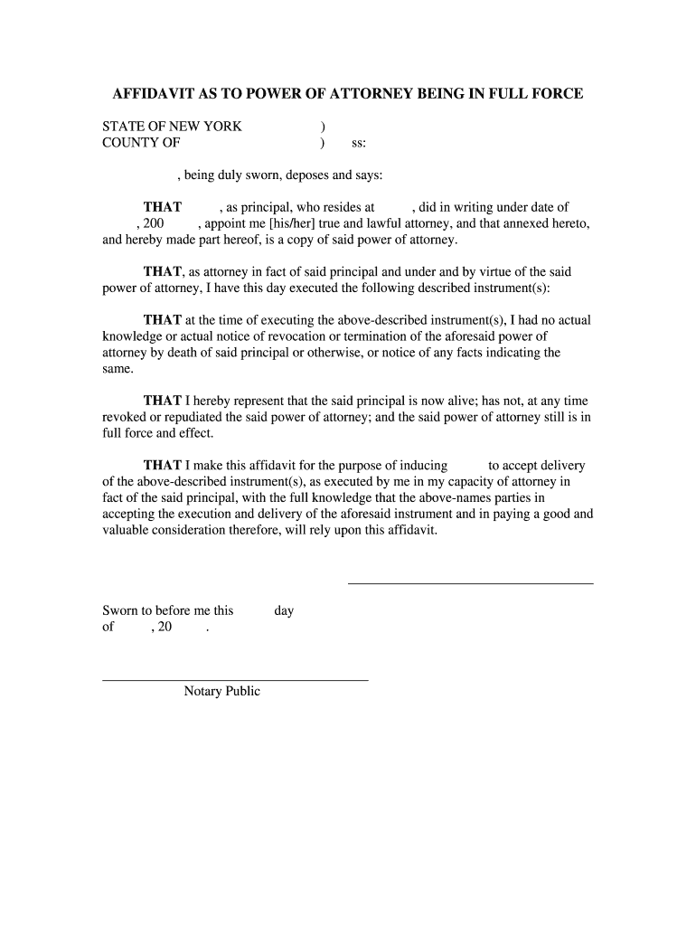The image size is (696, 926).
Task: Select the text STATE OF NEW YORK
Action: [172, 127]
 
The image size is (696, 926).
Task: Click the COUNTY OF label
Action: [141, 143]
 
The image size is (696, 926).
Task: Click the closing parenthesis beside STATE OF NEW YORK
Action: [323, 127]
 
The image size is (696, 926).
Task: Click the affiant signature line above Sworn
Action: [470, 583]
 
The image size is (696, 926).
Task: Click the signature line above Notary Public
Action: [235, 679]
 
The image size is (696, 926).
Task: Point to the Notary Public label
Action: [222, 692]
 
